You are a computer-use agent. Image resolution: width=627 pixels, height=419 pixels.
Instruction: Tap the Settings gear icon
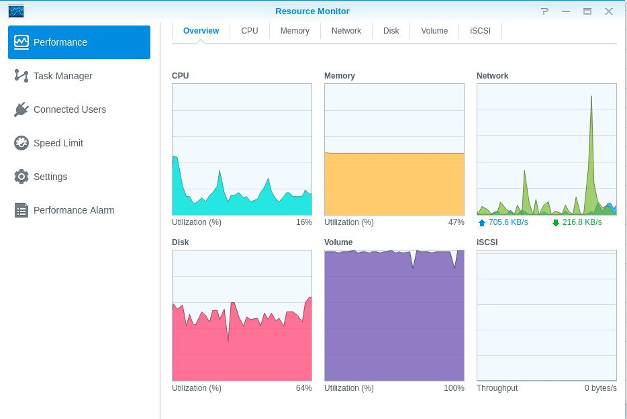[x=21, y=177]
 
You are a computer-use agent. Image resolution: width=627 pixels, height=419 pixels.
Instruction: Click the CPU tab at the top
[x=250, y=31]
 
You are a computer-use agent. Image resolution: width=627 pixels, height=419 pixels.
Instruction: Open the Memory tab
[x=295, y=31]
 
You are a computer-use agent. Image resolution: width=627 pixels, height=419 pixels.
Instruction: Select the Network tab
[x=346, y=31]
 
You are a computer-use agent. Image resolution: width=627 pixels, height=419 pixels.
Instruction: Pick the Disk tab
[x=391, y=31]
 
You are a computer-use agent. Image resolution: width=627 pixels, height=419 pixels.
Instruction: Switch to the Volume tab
[x=434, y=31]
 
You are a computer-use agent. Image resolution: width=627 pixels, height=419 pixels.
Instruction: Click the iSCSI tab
[x=480, y=31]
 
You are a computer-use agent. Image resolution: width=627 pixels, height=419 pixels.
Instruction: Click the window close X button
[x=609, y=11]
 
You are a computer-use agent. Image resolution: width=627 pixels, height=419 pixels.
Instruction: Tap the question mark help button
[x=544, y=11]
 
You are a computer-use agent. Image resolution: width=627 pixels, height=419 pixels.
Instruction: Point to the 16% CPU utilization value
[x=304, y=222]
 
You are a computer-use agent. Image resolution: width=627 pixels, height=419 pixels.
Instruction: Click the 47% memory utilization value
[x=456, y=222]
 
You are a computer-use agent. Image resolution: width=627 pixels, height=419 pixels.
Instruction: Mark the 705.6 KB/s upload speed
[x=508, y=222]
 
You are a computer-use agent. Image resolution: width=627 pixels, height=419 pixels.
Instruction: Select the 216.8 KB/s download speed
[x=582, y=222]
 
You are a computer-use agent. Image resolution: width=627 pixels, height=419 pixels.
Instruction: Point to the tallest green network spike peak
[x=591, y=96]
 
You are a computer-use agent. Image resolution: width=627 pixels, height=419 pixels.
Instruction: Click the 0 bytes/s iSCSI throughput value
[x=601, y=388]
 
